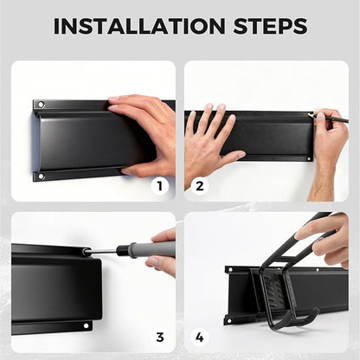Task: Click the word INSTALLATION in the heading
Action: pos(139,26)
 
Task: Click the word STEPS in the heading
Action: pos(270,26)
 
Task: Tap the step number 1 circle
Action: pos(160,186)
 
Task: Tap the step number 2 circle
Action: pos(200,186)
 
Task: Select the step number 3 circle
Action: pos(160,337)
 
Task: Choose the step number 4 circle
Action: pos(200,337)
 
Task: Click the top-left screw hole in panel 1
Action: pos(41,104)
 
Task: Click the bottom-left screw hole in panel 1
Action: pos(41,177)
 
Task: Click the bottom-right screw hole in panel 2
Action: pos(308,158)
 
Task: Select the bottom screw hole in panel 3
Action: pos(86,325)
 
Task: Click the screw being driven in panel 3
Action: pos(86,252)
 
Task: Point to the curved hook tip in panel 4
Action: pos(316,311)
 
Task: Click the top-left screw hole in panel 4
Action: pos(230,270)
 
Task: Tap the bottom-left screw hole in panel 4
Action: pos(229,320)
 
